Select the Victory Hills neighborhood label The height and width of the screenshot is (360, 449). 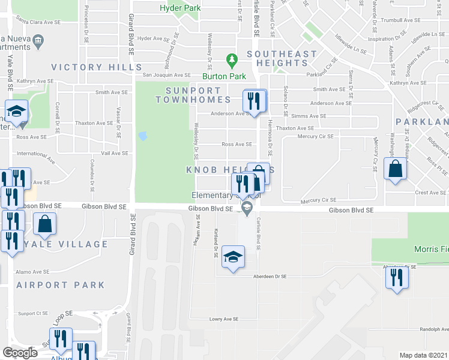click(x=96, y=67)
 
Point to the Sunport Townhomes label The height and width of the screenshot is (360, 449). click(x=193, y=95)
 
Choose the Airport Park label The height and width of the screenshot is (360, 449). click(x=60, y=285)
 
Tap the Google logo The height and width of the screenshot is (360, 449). click(x=20, y=353)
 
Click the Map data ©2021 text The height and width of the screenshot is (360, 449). click(x=424, y=355)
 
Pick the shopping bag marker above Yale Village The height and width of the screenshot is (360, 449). click(x=46, y=224)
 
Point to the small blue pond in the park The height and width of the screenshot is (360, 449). click(x=142, y=136)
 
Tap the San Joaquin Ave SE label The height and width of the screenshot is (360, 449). click(x=166, y=75)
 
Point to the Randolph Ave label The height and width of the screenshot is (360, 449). click(x=434, y=329)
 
